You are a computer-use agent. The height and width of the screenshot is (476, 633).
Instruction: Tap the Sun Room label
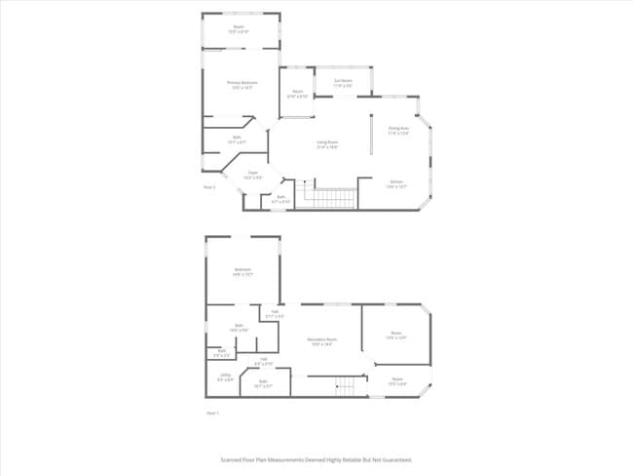tap(343, 81)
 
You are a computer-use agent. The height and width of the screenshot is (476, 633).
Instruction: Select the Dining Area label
tap(398, 129)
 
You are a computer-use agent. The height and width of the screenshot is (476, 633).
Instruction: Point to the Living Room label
tap(327, 143)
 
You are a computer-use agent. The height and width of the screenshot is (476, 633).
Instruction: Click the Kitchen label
tap(396, 182)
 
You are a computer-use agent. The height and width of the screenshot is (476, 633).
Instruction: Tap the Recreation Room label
tap(323, 340)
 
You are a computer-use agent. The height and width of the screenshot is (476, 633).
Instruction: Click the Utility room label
tap(225, 377)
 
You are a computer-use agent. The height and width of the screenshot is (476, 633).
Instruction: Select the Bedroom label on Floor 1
tap(242, 271)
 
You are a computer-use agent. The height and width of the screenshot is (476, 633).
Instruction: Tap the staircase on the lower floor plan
tap(345, 388)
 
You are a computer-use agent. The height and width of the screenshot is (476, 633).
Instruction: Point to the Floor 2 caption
tap(208, 186)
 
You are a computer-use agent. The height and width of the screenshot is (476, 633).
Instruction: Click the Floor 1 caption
tap(212, 414)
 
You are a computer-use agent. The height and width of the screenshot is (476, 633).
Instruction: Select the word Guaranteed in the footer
tap(395, 458)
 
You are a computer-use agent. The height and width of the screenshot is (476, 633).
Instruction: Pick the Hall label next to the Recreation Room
tap(275, 313)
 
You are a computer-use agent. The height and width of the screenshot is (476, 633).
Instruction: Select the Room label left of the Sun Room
tap(298, 94)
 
